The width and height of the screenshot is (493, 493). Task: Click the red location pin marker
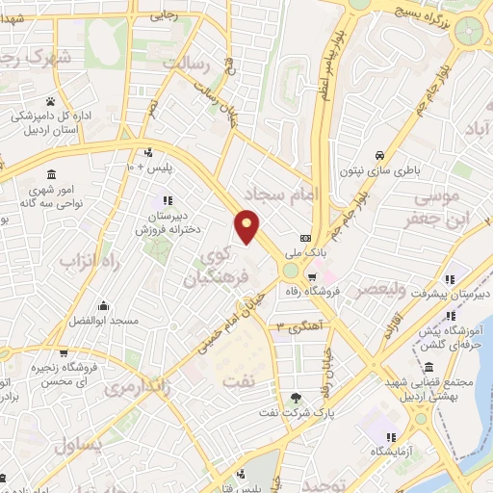pyautogui.click(x=247, y=225)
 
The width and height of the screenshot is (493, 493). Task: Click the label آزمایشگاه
pyautogui.click(x=378, y=452)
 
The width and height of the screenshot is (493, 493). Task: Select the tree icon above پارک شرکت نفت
pyautogui.click(x=296, y=399)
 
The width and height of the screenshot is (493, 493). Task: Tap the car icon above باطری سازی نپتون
pyautogui.click(x=381, y=156)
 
